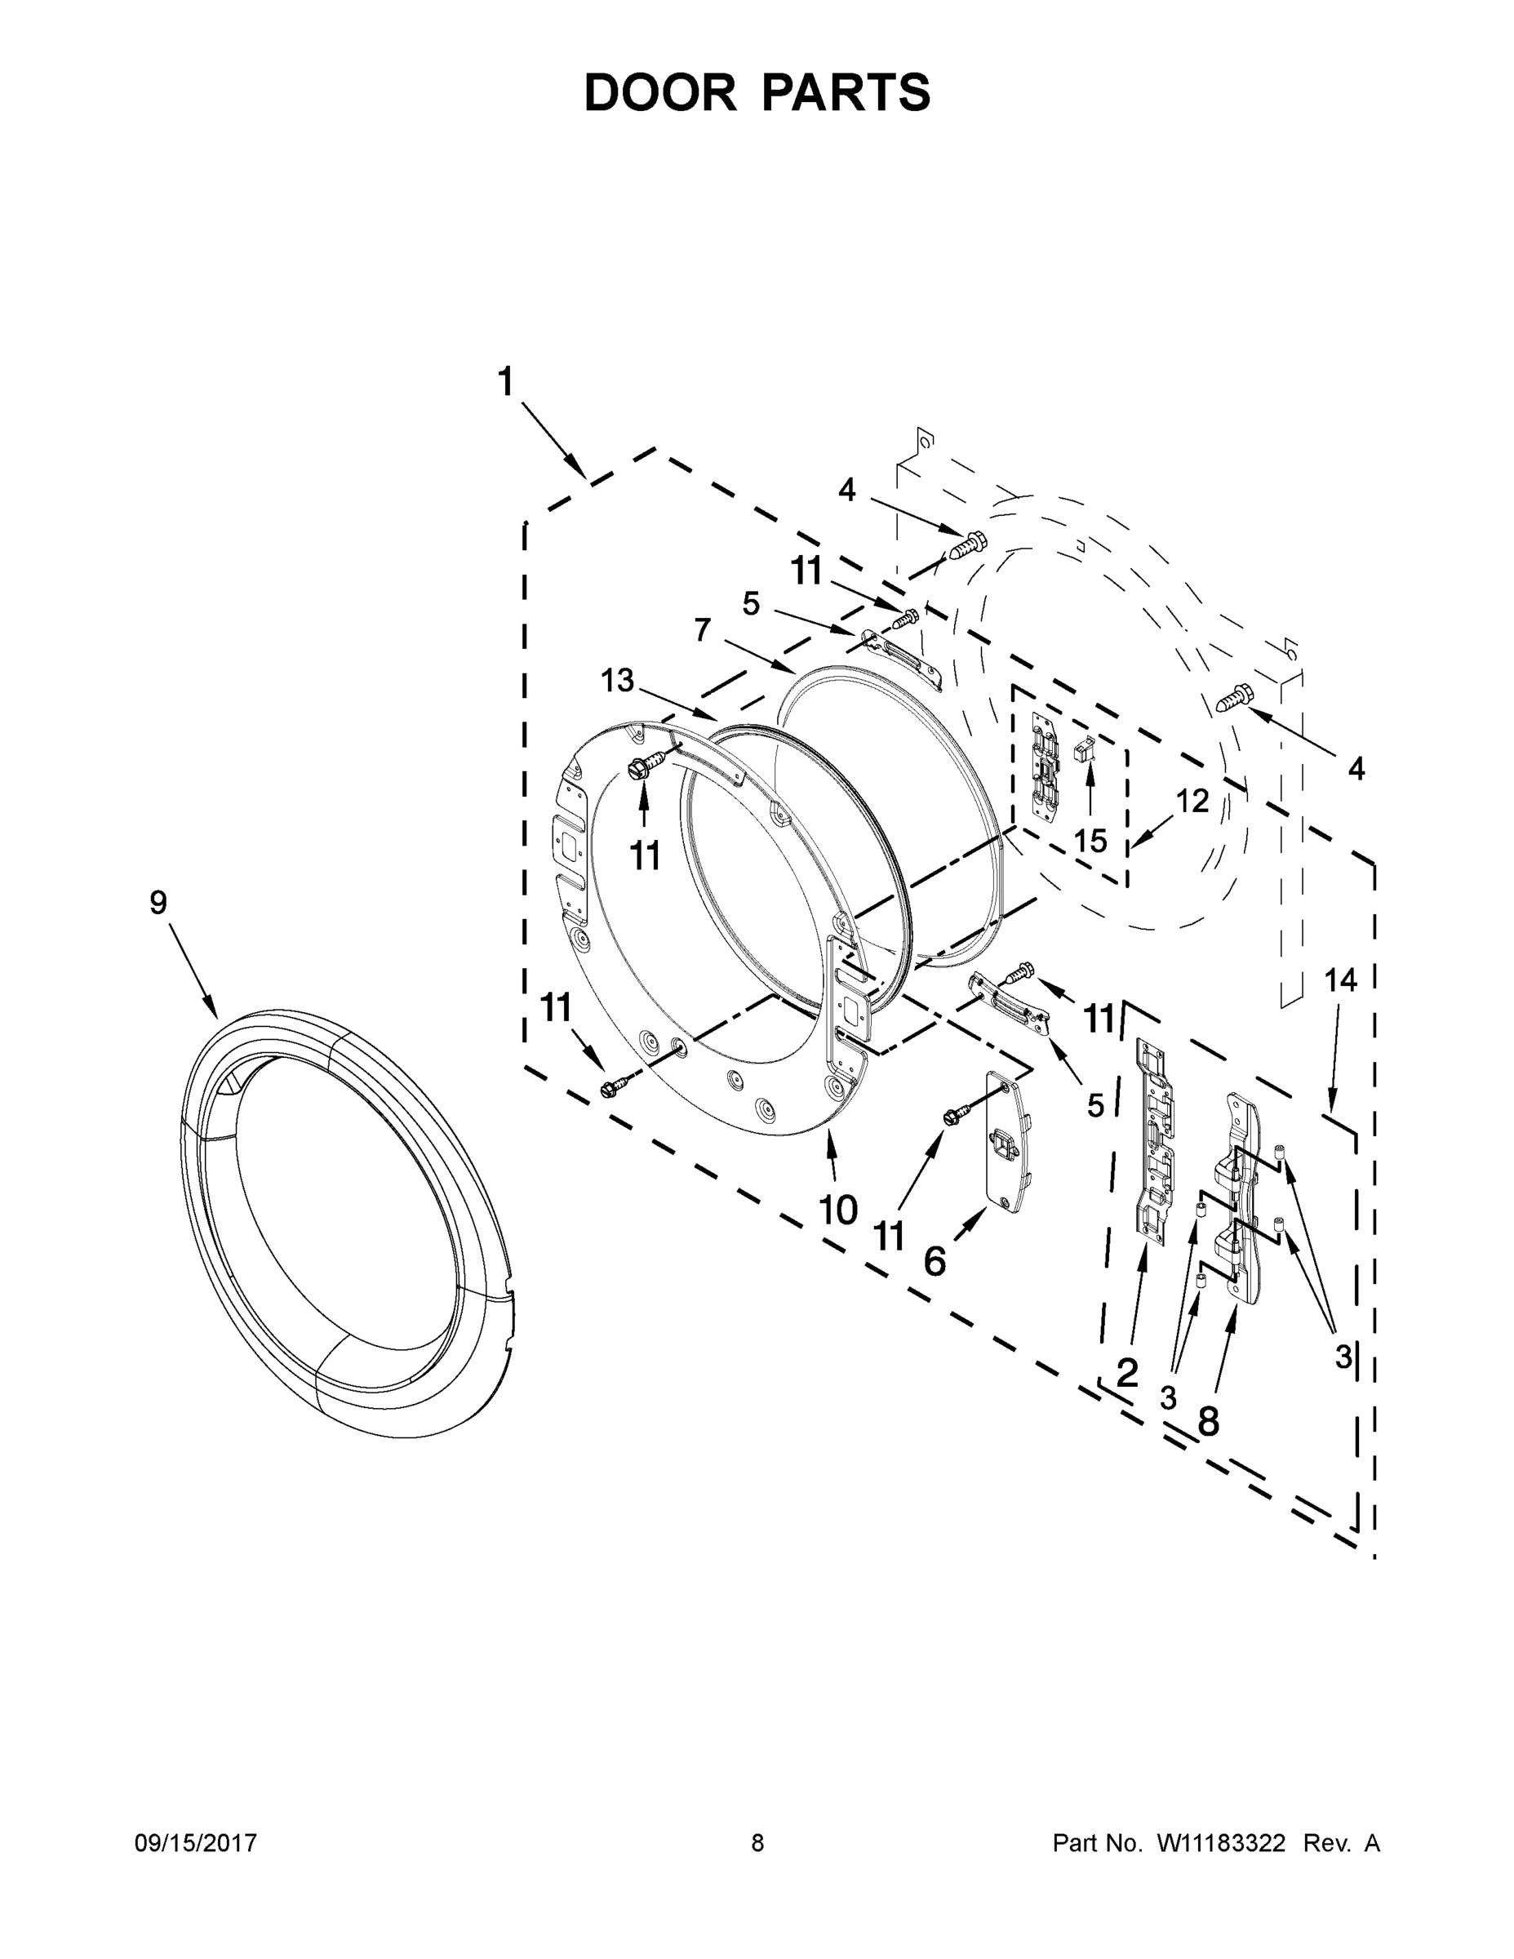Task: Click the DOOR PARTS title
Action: tap(757, 92)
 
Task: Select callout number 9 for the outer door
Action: tap(158, 902)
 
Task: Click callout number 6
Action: tap(935, 1261)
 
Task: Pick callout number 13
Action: tap(617, 681)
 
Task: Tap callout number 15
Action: tap(1090, 841)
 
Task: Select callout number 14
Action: tap(1341, 980)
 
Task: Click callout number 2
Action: tap(1126, 1372)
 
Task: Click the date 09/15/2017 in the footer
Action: tap(196, 1843)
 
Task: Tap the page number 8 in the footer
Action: tap(757, 1843)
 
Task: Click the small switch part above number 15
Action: tap(1086, 750)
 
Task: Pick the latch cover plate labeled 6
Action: tap(1009, 1142)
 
